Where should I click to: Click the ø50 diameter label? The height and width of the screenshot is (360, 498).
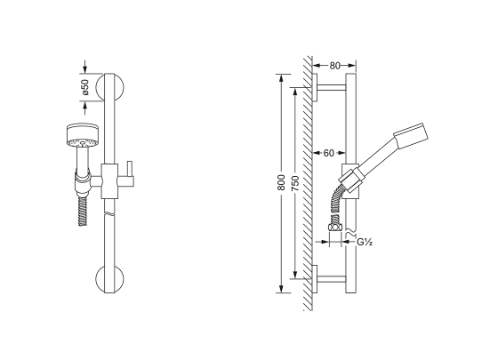(85, 87)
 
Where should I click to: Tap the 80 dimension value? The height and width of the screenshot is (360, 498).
(334, 66)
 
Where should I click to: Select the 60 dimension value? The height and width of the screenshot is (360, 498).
(329, 153)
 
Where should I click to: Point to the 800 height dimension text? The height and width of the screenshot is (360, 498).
(281, 182)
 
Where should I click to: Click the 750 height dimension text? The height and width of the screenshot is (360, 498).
(295, 182)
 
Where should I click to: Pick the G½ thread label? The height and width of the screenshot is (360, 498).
(365, 242)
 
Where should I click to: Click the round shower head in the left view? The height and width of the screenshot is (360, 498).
(82, 136)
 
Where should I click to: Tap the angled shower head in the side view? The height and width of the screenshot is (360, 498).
(411, 135)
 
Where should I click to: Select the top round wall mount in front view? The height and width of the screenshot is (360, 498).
(109, 88)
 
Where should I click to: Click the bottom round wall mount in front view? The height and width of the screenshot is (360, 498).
(109, 279)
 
